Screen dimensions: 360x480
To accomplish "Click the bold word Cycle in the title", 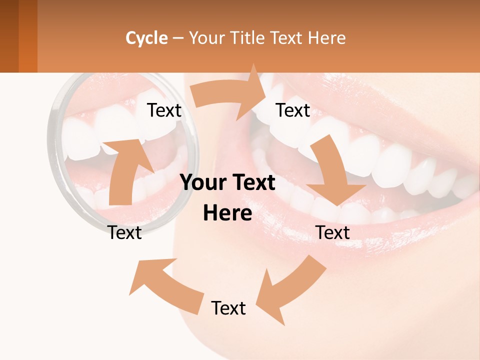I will click(x=146, y=38).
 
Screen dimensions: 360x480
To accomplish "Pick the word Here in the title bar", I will click(x=327, y=38).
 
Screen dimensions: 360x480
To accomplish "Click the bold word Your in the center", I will click(x=203, y=183).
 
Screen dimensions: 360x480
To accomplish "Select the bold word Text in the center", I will click(x=252, y=183).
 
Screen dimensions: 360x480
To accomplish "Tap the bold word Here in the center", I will click(x=227, y=213).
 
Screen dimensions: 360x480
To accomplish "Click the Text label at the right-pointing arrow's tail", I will click(x=164, y=110).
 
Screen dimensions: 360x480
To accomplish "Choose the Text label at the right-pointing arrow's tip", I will click(x=293, y=110).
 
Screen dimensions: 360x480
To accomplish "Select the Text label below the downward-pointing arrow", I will click(x=332, y=232).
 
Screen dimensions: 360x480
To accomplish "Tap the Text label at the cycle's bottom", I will click(x=228, y=308).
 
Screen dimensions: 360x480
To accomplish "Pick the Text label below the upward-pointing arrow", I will click(x=124, y=232).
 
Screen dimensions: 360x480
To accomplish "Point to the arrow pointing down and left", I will click(x=290, y=290).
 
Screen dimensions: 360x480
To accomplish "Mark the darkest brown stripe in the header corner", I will click(x=9, y=36).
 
